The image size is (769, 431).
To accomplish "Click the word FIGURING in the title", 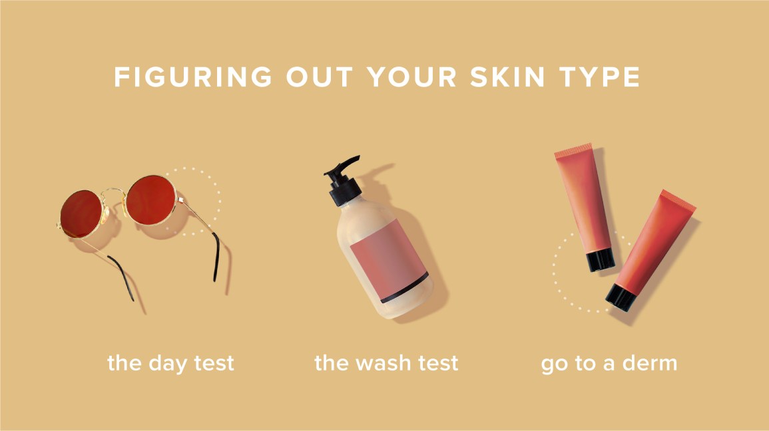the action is click(x=193, y=77).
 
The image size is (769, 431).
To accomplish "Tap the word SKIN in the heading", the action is click(x=507, y=77).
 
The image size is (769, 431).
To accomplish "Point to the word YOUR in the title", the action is click(x=412, y=77).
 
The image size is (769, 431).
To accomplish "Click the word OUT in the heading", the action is click(x=320, y=77).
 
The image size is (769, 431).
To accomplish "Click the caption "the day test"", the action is click(x=170, y=364).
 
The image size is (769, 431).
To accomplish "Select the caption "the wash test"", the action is click(x=386, y=363).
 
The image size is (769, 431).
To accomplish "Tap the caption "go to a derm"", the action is click(x=609, y=364).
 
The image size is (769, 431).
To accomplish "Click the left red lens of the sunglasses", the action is click(x=81, y=214).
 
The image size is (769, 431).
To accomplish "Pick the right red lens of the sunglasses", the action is click(x=151, y=200).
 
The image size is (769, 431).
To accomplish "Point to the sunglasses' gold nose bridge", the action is click(x=114, y=192).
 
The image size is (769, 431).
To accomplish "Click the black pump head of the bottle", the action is click(x=342, y=180).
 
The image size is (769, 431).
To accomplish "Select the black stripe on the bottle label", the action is click(x=405, y=288).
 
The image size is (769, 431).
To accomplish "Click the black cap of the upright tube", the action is click(x=601, y=259).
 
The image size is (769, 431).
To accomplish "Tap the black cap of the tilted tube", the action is click(x=621, y=297).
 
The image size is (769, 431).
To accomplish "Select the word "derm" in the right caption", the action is click(x=650, y=363).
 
